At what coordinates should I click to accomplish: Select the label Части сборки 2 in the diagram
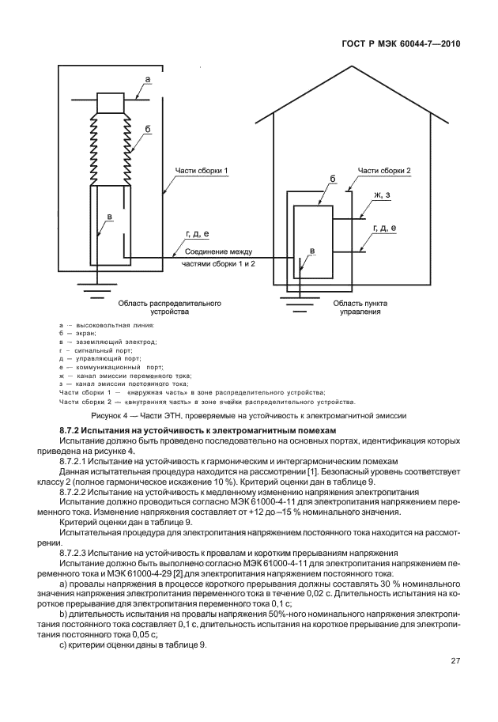(x=384, y=170)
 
